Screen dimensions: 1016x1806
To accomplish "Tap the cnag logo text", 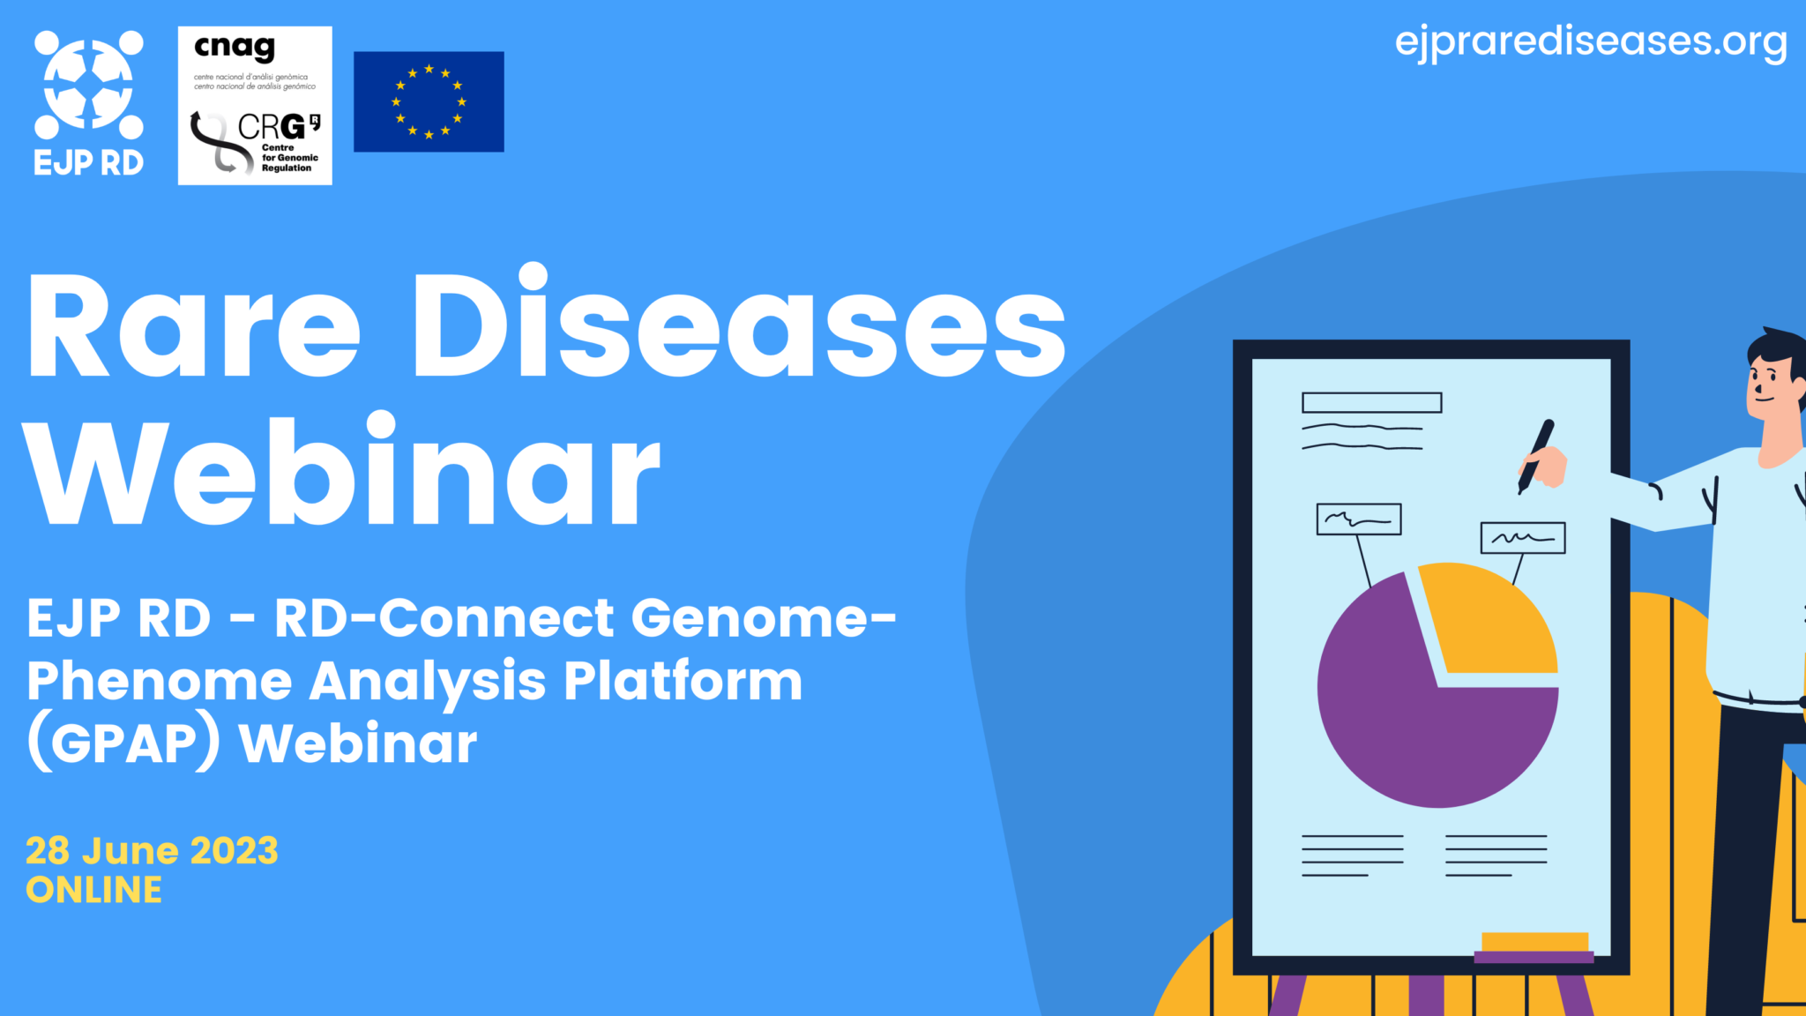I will click(x=235, y=48).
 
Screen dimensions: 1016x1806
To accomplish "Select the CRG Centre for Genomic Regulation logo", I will click(x=256, y=141).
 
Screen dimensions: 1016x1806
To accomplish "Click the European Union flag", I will click(x=429, y=101).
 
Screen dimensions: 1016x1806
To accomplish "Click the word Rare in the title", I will click(x=194, y=326).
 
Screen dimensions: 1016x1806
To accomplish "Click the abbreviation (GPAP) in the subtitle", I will click(x=123, y=743).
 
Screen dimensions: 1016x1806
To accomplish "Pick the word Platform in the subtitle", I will click(x=683, y=681).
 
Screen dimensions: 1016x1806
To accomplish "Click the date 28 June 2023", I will click(x=152, y=851).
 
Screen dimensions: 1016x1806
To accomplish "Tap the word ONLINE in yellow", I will click(x=93, y=891).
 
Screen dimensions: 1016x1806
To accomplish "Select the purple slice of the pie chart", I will click(x=1411, y=723).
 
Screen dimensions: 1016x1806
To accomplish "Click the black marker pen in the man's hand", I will click(x=1535, y=454).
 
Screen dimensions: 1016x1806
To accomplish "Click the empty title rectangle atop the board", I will click(x=1371, y=403).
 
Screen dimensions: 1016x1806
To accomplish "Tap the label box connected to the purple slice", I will click(x=1358, y=519).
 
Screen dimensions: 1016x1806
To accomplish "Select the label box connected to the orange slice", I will click(x=1522, y=538).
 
